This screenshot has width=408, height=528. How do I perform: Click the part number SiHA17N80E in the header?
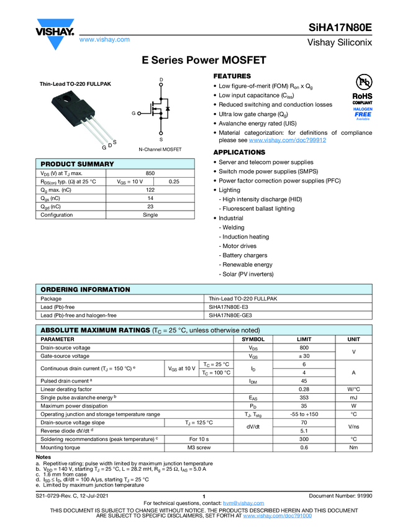pos(340,28)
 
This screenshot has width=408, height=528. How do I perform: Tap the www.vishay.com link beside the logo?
pos(104,40)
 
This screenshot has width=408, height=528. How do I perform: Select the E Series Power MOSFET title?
pos(204,61)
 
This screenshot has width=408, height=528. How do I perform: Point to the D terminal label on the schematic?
pos(161,81)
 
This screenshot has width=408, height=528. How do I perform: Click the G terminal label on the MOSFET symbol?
pos(134,113)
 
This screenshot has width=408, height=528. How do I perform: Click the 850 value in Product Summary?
pos(150,173)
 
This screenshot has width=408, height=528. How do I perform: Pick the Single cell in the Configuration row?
pos(150,215)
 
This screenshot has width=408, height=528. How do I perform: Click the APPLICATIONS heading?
pos(239,152)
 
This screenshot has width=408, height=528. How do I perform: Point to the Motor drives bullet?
pos(238,246)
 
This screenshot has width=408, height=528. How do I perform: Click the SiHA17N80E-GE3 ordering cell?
pos(230,315)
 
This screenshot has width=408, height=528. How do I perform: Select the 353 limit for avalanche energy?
pos(304,397)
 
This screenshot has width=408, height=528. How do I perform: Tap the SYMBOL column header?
pos(253,339)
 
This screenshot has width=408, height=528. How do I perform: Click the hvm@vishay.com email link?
pos(239,503)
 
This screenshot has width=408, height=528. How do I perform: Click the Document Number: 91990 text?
pos(340,496)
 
